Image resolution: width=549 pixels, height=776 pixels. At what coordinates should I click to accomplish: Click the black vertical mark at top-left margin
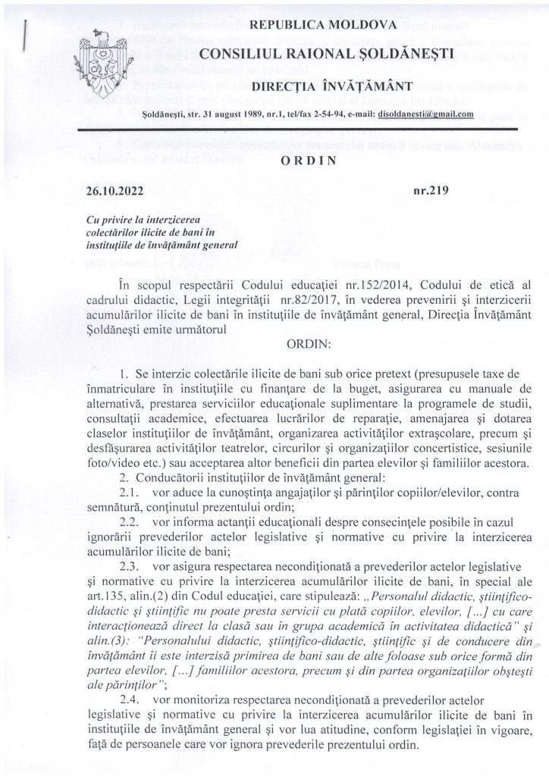[27, 36]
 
